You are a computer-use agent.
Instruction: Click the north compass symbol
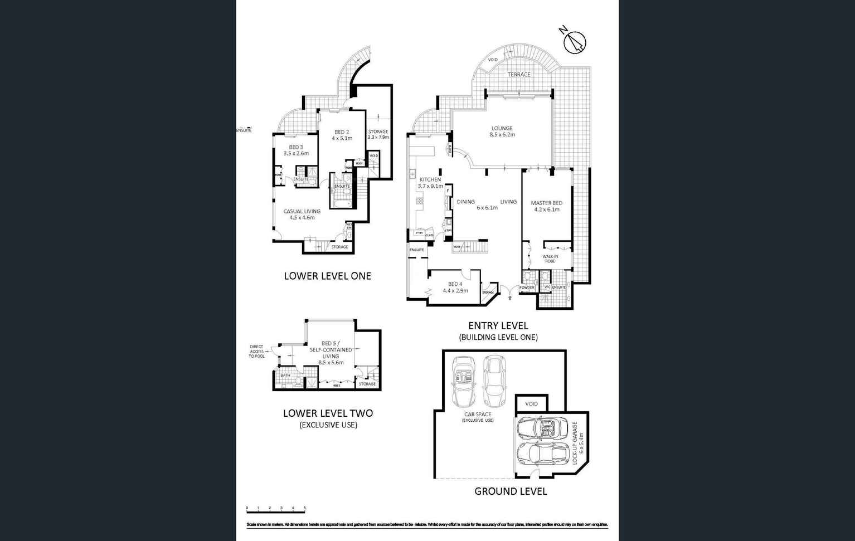click(574, 42)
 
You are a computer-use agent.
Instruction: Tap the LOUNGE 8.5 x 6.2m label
click(502, 131)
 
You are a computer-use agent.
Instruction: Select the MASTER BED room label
click(546, 206)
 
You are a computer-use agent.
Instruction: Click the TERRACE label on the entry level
click(519, 75)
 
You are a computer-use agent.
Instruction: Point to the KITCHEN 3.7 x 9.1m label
click(430, 183)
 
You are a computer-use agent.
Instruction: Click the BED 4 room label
click(455, 287)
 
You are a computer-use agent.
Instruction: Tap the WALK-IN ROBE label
click(550, 259)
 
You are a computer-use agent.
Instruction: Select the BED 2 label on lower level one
click(342, 135)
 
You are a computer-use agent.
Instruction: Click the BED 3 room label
click(295, 150)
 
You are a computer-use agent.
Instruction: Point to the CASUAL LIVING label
click(302, 215)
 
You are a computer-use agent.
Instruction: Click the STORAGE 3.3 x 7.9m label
click(378, 134)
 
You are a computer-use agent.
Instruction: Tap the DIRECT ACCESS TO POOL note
click(256, 352)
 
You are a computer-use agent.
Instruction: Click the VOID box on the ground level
click(531, 404)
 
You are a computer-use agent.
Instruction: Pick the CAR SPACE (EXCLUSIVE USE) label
click(478, 417)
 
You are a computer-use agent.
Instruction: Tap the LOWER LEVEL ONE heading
click(327, 276)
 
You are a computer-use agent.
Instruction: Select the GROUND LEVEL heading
click(510, 491)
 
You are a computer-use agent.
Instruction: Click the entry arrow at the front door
click(510, 298)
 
